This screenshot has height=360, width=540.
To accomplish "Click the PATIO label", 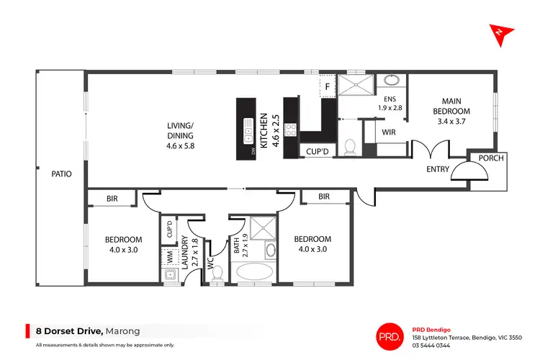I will click(60, 174).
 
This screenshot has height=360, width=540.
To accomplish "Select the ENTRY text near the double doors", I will click(437, 170).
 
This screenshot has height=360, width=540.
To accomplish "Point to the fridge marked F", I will click(328, 87).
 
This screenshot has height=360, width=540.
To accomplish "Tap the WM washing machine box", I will click(169, 255).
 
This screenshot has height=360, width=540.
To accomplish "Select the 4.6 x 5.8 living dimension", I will click(180, 145).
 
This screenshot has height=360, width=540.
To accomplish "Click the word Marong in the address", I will click(123, 332).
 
